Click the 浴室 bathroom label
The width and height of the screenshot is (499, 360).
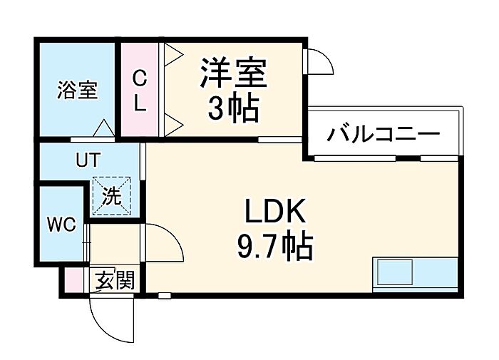point(76,91)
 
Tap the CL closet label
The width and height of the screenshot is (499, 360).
point(140,90)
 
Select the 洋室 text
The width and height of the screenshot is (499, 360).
point(233,73)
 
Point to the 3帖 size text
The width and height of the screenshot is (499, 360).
point(233,109)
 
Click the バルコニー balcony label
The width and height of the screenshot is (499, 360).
point(384,134)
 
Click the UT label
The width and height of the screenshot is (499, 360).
point(88,160)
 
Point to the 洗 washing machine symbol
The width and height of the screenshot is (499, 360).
point(111,195)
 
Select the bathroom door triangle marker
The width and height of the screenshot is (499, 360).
point(103,129)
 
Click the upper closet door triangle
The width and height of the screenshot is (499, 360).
point(173,54)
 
